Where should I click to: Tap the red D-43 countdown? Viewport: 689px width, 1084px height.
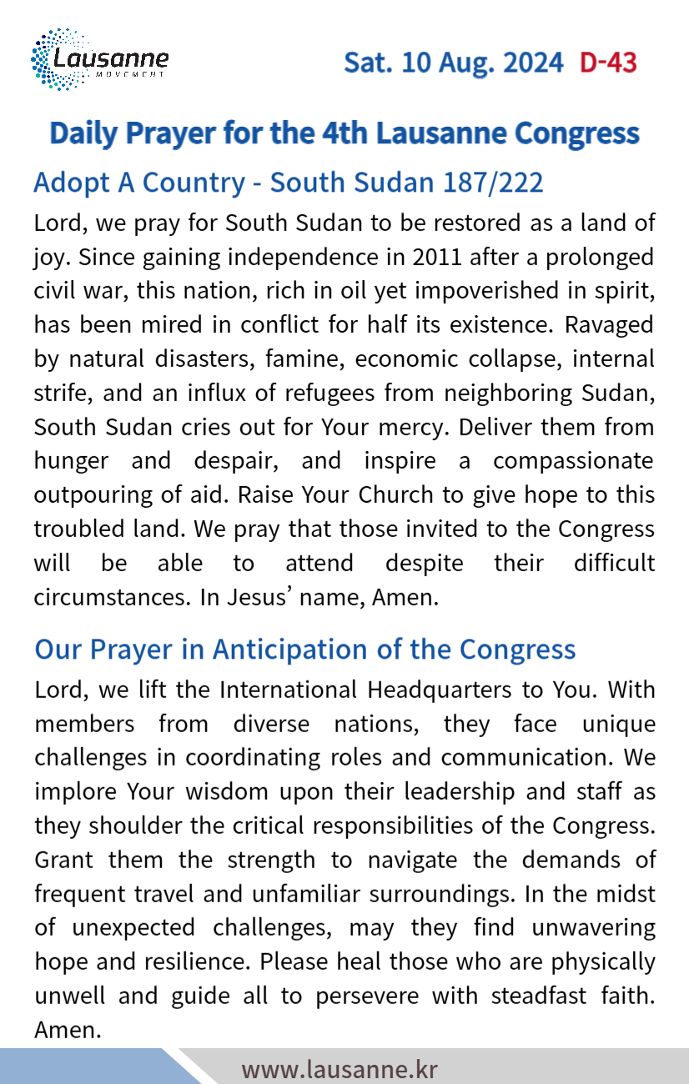(608, 63)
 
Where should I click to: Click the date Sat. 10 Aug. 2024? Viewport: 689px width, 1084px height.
(454, 63)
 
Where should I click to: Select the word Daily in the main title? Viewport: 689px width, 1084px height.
(86, 133)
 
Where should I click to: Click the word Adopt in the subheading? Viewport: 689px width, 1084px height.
(71, 182)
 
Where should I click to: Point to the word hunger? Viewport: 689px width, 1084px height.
(71, 460)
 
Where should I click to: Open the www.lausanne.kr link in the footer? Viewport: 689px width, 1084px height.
(339, 1069)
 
